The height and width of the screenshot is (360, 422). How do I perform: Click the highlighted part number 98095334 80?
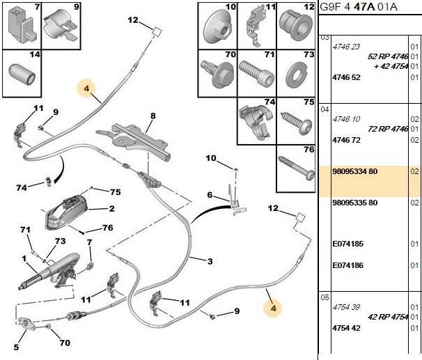pyautogui.click(x=354, y=171)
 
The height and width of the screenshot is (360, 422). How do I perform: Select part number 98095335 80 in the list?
pyautogui.click(x=354, y=203)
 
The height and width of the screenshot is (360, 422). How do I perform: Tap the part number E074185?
pyautogui.click(x=347, y=244)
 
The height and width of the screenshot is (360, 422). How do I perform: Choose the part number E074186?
pyautogui.click(x=347, y=265)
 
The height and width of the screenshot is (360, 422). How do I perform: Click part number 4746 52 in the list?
pyautogui.click(x=346, y=77)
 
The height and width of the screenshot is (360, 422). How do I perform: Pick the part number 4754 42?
pyautogui.click(x=346, y=328)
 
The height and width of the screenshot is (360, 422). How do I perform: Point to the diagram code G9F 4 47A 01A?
pyautogui.click(x=358, y=7)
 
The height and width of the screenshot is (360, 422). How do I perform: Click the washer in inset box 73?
pyautogui.click(x=296, y=75)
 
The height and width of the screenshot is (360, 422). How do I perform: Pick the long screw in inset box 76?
pyautogui.click(x=296, y=169)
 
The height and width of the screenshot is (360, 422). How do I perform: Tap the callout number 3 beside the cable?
pyautogui.click(x=210, y=261)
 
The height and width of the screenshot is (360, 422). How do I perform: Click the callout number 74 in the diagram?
pyautogui.click(x=22, y=187)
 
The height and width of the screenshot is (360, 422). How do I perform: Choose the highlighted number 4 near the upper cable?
pyautogui.click(x=86, y=88)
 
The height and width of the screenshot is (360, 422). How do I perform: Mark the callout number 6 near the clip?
pyautogui.click(x=210, y=195)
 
